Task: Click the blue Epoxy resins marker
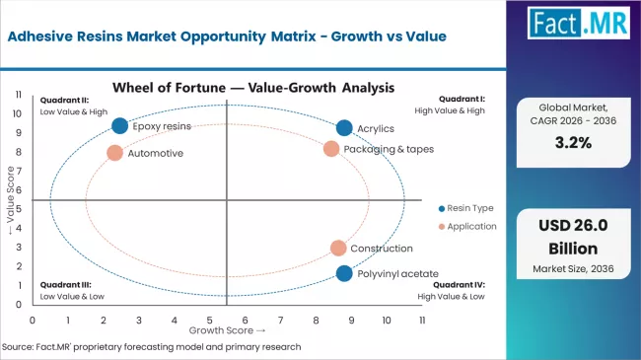pos(119,125)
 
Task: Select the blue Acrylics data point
pos(344,128)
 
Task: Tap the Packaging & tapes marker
pos(331,149)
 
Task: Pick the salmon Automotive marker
pos(114,153)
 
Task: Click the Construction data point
pos(338,249)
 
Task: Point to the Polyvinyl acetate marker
pos(344,273)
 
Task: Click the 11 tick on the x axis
pos(422,320)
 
